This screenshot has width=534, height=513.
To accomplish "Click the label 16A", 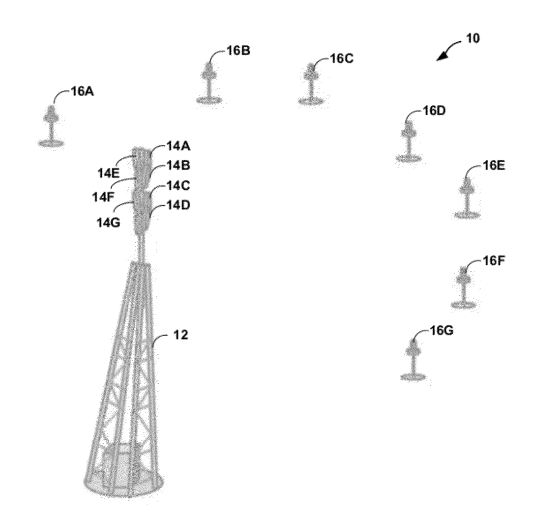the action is pos(83,91).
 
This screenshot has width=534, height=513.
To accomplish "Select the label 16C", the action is pos(342,59).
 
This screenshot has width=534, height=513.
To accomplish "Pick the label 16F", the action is pos(494,261).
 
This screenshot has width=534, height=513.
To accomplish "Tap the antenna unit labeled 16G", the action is pos(414,360).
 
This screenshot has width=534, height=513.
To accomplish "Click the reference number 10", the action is pos(472,38).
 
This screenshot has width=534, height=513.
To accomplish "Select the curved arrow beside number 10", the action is pos(449,49).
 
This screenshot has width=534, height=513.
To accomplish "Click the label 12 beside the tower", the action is pos(180,335).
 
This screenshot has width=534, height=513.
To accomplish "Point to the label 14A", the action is pos(178,146).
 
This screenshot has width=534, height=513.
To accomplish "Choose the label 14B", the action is pos(178,166).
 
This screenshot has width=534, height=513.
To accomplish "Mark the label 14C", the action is pos(178,186).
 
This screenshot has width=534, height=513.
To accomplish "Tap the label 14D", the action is pos(178,205).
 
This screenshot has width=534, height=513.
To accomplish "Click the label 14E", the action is pos(109,173).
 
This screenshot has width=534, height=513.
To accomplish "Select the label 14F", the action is pos(103,197).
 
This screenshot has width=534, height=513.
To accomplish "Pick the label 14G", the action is pos(109,223).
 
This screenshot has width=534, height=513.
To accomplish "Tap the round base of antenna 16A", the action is pos(51,143).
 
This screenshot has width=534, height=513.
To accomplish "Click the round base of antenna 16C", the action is pos(311,101).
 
